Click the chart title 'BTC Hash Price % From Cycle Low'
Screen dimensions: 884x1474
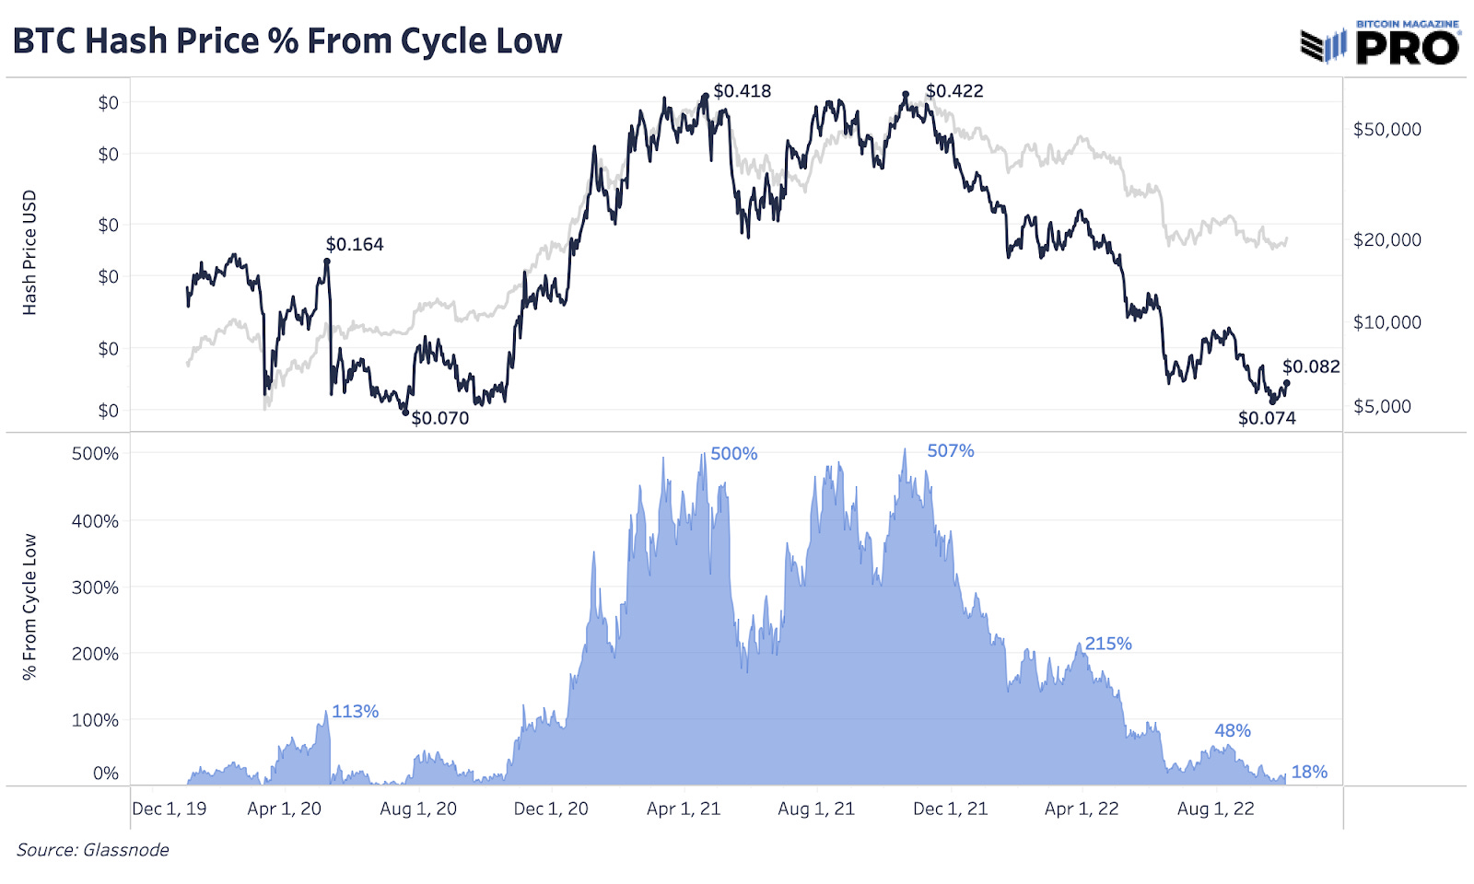pyautogui.click(x=287, y=41)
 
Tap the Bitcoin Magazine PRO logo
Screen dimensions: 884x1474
pyautogui.click(x=1380, y=43)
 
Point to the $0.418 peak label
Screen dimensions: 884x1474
pyautogui.click(x=742, y=91)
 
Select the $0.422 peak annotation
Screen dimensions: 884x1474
pyautogui.click(x=954, y=91)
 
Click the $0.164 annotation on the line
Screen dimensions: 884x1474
pyautogui.click(x=355, y=244)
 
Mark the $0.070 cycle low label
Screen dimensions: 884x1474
pyautogui.click(x=439, y=418)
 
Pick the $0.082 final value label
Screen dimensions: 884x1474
pyautogui.click(x=1311, y=366)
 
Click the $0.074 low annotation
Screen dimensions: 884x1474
pyautogui.click(x=1267, y=418)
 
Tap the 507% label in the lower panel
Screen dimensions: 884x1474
pyautogui.click(x=950, y=450)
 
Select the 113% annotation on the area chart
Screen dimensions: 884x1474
pyautogui.click(x=355, y=711)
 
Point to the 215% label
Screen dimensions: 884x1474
pyautogui.click(x=1107, y=644)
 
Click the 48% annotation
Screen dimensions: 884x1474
pyautogui.click(x=1232, y=730)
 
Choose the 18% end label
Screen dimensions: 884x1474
pyautogui.click(x=1309, y=772)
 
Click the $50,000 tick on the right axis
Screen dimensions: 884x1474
pyautogui.click(x=1386, y=129)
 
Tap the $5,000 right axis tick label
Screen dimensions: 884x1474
pyautogui.click(x=1382, y=406)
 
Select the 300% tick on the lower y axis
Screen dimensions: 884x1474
pyautogui.click(x=95, y=587)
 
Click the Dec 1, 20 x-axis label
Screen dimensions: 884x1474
pyautogui.click(x=551, y=808)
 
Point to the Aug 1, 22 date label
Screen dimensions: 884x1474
pyautogui.click(x=1215, y=808)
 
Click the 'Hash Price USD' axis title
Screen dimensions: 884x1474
pyautogui.click(x=29, y=252)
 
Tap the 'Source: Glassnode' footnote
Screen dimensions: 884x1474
pyautogui.click(x=93, y=850)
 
